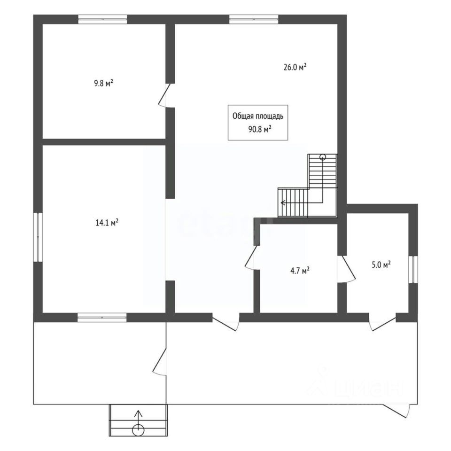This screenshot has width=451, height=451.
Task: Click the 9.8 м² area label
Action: tap(103, 84)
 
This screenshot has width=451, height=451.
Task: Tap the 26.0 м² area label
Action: tap(295, 67)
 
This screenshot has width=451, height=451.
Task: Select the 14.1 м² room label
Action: tap(107, 222)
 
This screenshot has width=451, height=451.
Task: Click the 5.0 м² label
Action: tap(381, 265)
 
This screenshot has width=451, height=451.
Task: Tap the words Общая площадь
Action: tap(258, 117)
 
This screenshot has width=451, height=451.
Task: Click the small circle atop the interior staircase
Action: tap(323, 157)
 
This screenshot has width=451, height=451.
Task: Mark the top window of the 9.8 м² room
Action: tap(102, 19)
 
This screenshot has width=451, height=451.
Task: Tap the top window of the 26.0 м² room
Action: tap(254, 19)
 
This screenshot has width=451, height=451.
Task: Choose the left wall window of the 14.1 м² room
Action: tap(39, 237)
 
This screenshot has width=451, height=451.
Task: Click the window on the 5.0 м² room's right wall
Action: tap(413, 269)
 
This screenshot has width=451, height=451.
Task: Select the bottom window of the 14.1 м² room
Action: tap(102, 318)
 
